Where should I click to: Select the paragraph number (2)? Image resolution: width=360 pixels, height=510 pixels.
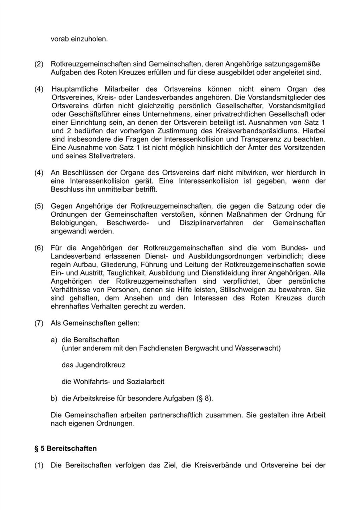pos(39,64)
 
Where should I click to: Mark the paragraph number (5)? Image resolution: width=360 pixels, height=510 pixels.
pos(39,206)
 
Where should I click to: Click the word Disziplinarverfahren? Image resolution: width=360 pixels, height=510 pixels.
pos(211,223)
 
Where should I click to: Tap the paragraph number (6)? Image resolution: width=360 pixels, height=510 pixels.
pos(39,248)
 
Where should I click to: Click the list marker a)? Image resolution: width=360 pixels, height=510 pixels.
pos(54,340)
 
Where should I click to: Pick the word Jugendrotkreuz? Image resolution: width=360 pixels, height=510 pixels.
pos(93,365)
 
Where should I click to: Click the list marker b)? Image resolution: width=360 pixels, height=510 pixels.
pos(54,399)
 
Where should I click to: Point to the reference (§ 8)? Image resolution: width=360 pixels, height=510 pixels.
pos(204,399)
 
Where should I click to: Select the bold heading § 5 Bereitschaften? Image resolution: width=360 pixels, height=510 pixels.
pos(65,448)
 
